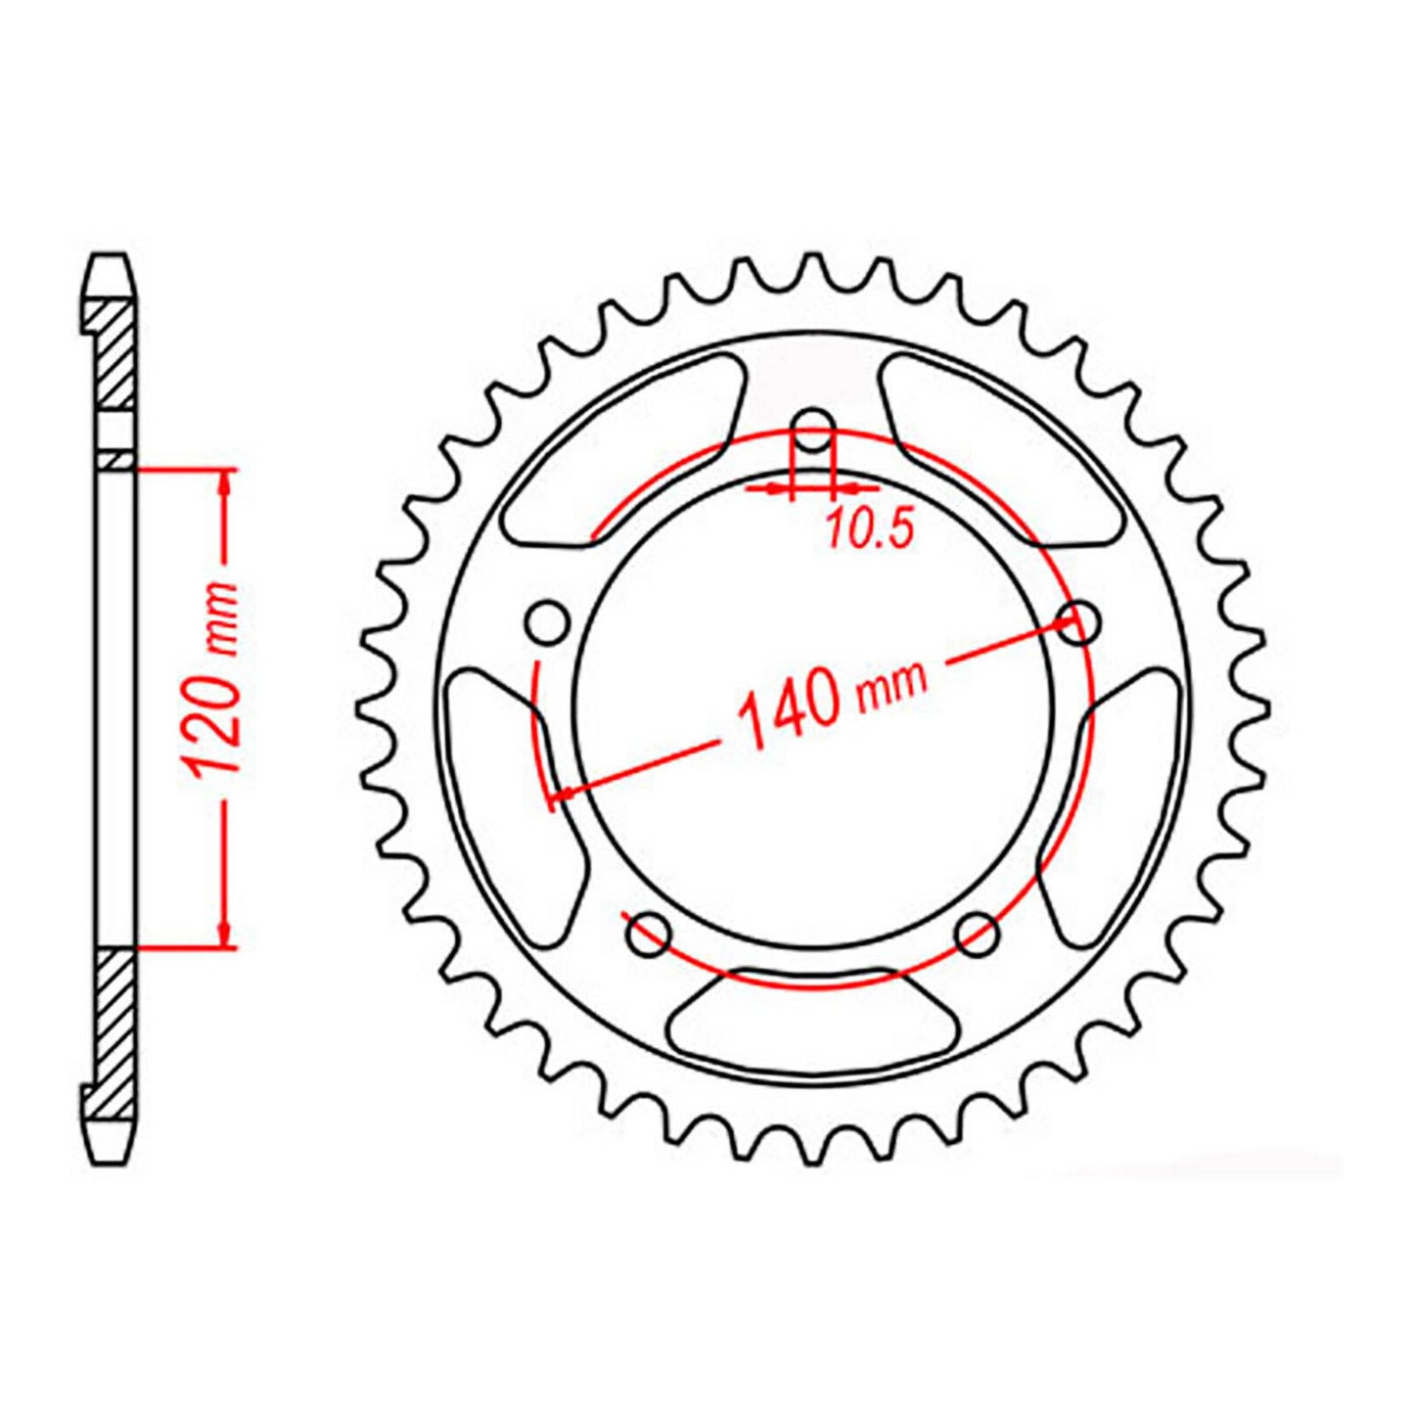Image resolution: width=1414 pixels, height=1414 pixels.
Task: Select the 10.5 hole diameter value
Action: point(869,529)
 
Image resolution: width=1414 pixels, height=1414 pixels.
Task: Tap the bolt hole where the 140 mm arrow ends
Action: point(1078,621)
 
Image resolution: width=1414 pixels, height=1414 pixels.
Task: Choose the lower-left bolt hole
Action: point(647,934)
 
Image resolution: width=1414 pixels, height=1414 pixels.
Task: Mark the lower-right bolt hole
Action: point(978,934)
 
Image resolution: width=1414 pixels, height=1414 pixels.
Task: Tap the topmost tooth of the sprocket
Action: point(811,269)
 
